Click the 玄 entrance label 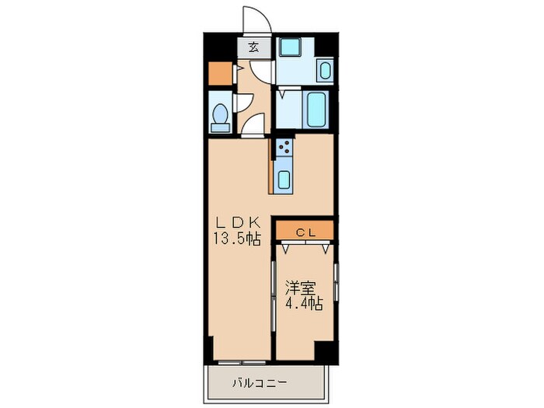point(254,47)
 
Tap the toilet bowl point(220,114)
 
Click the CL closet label point(303,230)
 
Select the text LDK point(236,224)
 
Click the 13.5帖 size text point(236,240)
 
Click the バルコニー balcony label point(260,383)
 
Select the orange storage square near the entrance point(220,72)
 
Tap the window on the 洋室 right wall point(336,281)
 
